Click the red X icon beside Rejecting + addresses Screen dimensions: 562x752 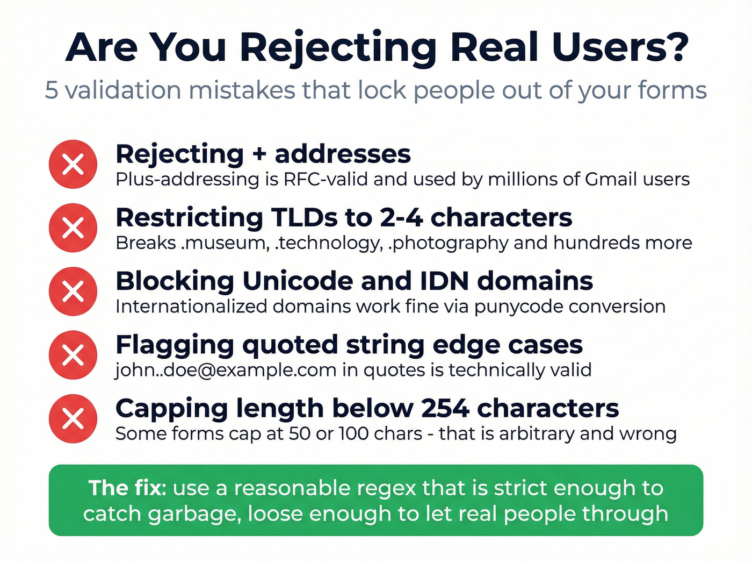click(73, 164)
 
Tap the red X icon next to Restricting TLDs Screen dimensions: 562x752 click(73, 227)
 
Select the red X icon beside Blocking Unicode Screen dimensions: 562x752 click(73, 291)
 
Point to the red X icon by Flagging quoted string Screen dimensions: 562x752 click(73, 355)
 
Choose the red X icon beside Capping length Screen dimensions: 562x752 click(73, 418)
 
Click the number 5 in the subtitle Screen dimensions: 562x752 click(51, 90)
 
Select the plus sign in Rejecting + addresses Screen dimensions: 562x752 click(259, 154)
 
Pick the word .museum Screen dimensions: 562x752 click(225, 243)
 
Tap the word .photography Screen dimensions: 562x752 click(448, 244)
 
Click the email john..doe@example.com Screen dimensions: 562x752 click(226, 370)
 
